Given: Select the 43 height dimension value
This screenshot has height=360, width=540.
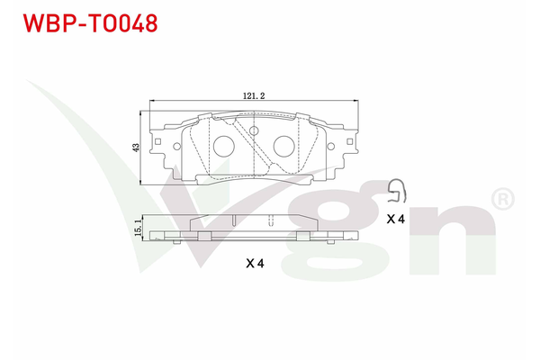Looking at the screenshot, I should [136, 147].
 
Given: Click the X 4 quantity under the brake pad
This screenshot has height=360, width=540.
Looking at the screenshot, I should [254, 264].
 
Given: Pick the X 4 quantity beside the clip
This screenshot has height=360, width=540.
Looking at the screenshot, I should [395, 219].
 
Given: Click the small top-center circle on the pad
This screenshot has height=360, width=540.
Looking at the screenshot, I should [254, 131].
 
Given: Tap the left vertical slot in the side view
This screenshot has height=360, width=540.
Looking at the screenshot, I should [232, 219].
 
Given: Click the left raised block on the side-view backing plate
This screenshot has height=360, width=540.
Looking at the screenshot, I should [202, 236].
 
